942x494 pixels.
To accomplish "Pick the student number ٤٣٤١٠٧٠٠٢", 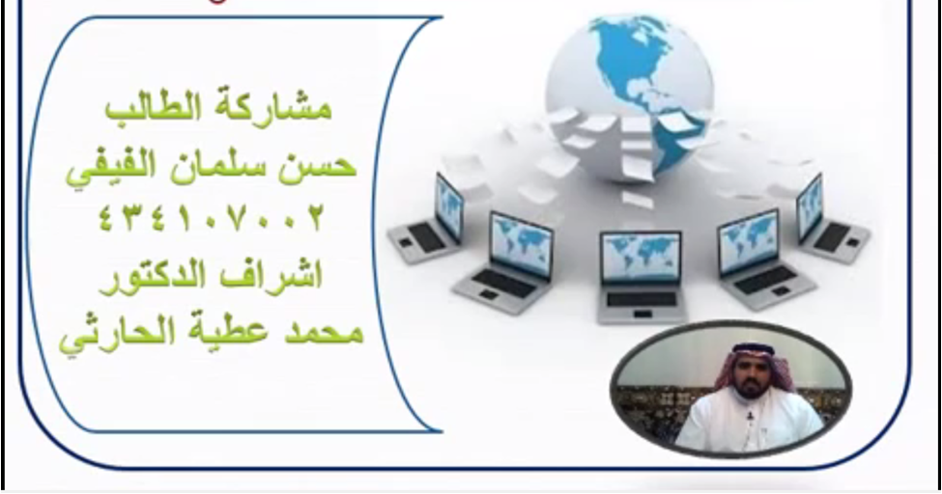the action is (x=211, y=218).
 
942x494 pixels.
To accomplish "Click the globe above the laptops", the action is (x=630, y=96).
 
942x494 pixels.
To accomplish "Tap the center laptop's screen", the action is (x=641, y=257).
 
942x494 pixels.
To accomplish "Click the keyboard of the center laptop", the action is (x=642, y=298).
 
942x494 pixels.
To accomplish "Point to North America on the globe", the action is (x=631, y=60).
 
